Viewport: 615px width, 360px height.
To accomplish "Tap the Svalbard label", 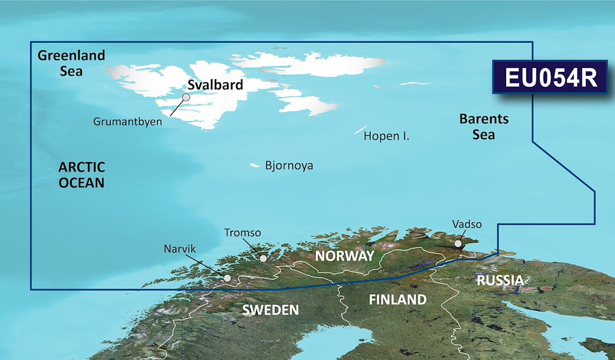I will coord(215,85).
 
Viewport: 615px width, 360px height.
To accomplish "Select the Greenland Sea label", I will coord(71,63).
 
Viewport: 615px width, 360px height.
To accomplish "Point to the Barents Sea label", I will coord(484,127).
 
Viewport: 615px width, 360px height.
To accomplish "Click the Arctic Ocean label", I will coord(82,175).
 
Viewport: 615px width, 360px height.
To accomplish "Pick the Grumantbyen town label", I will coord(135,120).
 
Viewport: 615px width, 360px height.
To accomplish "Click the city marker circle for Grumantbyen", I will coord(186,98).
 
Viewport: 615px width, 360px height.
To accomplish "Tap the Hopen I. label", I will coord(386,137).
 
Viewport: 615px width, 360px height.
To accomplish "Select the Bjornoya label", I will coord(289,166).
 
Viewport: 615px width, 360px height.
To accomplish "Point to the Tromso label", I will coord(243,232).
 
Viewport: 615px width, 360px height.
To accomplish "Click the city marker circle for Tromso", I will coord(263,258).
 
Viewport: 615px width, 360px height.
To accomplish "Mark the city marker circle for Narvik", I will coord(227,278).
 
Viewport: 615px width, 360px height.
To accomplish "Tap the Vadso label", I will coord(467,224).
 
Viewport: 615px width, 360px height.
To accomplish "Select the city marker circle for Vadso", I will coord(458,245).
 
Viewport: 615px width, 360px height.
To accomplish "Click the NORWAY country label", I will coord(344,256).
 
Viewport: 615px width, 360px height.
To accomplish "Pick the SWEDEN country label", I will coord(270,310).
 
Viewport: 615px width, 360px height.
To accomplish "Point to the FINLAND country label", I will coord(397,300).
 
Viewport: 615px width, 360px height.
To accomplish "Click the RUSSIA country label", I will coord(500,280).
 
